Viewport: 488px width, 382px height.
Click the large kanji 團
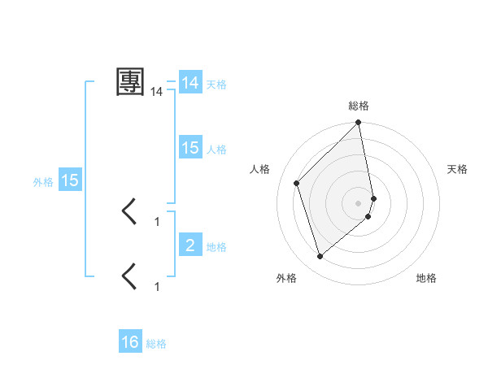click(x=131, y=81)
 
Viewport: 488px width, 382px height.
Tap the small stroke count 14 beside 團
click(x=157, y=93)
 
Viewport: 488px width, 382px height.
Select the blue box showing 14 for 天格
click(x=190, y=83)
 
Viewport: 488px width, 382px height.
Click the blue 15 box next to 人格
click(x=190, y=148)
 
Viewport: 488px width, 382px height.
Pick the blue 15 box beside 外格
click(x=70, y=180)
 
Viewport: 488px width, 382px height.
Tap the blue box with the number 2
click(x=190, y=245)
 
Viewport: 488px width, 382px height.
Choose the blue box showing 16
click(x=130, y=342)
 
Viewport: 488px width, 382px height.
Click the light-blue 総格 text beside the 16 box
click(x=156, y=344)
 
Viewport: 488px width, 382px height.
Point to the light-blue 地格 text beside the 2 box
click(x=216, y=247)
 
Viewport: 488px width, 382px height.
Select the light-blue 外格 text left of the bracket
click(x=43, y=182)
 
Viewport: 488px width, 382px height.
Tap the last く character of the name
click(x=130, y=276)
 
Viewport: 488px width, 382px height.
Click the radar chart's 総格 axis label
click(x=359, y=106)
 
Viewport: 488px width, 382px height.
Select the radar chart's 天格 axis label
click(x=457, y=169)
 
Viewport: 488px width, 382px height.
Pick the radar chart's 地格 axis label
click(x=426, y=279)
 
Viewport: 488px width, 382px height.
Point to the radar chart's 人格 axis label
click(x=260, y=169)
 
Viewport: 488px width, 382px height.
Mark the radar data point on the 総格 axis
click(x=359, y=124)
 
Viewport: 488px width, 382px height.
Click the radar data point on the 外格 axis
click(x=320, y=257)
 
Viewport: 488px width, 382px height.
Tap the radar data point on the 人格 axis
click(x=297, y=183)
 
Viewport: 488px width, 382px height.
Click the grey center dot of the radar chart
click(x=359, y=202)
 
